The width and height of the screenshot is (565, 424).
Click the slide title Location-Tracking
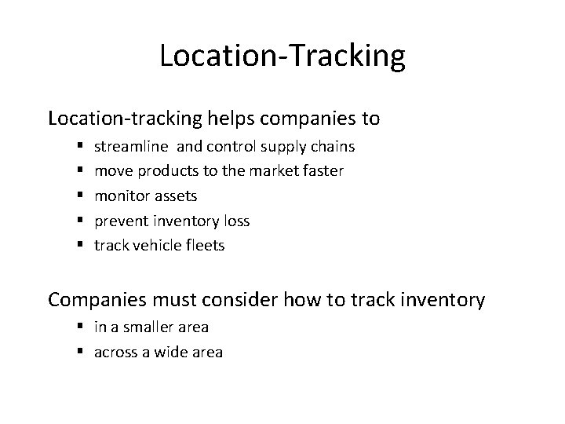coord(282,57)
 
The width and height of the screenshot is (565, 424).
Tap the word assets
coord(173,196)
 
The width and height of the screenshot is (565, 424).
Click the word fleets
coord(205,246)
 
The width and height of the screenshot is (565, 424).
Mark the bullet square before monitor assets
coord(82,196)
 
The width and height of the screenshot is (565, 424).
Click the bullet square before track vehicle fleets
coord(82,246)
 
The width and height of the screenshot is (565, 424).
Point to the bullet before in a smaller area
coord(82,327)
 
